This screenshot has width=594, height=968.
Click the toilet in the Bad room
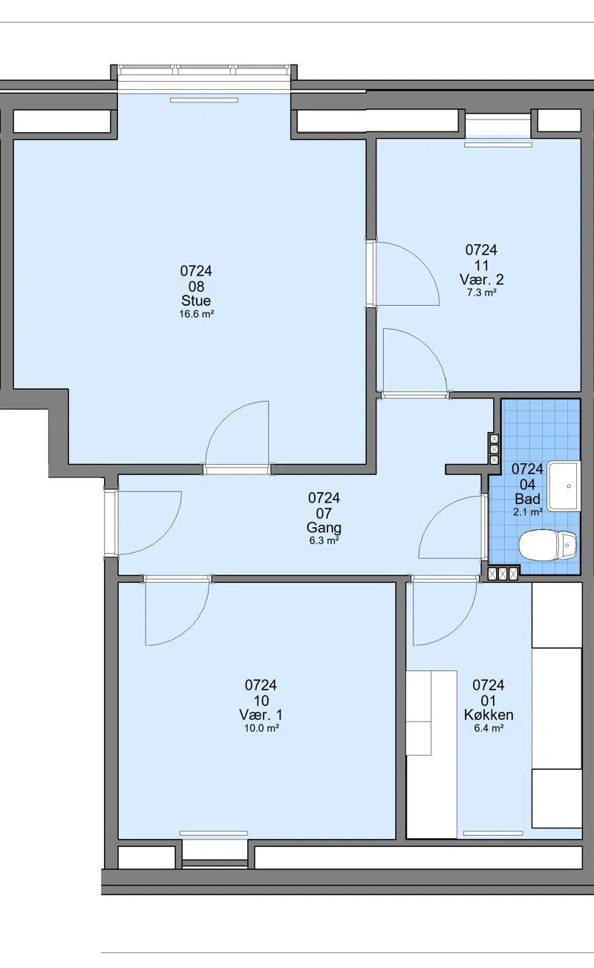(x=548, y=545)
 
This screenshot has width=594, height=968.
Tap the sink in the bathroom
(x=564, y=486)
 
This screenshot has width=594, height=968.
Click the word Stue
(x=196, y=301)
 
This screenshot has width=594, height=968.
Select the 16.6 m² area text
(x=197, y=314)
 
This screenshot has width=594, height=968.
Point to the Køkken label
(x=489, y=715)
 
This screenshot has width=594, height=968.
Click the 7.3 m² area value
(x=481, y=292)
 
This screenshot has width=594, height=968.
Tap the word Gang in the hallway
(x=324, y=528)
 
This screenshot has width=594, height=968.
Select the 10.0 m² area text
(x=261, y=728)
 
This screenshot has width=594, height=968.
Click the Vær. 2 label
(x=482, y=280)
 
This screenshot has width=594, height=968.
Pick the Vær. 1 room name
(x=261, y=715)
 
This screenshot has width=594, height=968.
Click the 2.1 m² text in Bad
(x=528, y=512)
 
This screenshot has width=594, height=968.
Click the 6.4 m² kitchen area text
(x=489, y=728)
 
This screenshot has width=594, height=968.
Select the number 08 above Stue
(x=196, y=287)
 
